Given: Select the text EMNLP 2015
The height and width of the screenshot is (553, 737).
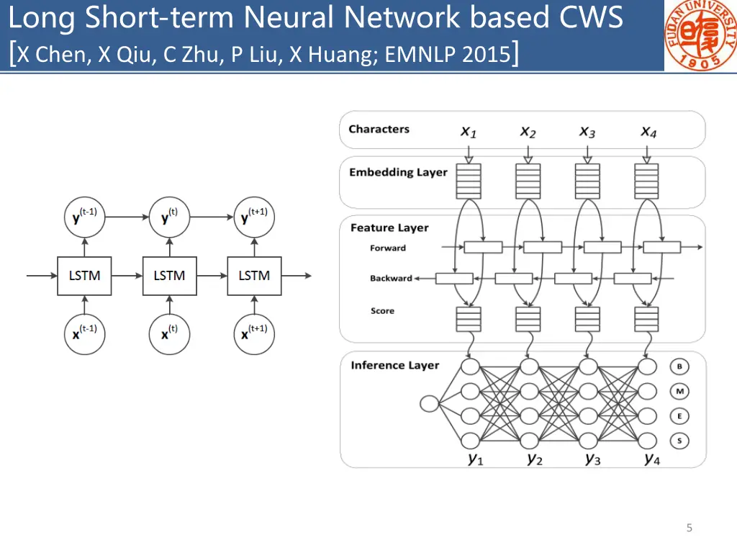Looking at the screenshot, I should click(447, 54).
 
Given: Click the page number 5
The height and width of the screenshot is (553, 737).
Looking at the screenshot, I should click(689, 529).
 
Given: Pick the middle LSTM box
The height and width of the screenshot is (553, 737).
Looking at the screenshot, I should click(169, 275).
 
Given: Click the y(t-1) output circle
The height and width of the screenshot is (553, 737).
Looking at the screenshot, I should click(84, 216).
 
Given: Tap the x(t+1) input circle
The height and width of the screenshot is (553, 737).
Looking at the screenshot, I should click(254, 333).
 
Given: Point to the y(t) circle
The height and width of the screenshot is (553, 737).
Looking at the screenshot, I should click(169, 216).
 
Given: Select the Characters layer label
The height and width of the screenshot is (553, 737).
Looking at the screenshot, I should click(379, 130).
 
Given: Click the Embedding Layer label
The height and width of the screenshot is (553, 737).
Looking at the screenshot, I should click(398, 172).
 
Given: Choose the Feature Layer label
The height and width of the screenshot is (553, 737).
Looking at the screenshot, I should click(389, 228).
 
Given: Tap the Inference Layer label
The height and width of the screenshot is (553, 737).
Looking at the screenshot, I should click(394, 365).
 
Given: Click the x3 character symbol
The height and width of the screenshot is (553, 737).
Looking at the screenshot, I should click(587, 132).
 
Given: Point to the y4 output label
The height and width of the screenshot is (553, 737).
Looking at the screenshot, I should click(651, 459).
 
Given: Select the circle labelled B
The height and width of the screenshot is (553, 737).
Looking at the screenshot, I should click(679, 367).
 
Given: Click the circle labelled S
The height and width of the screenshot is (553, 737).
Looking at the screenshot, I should click(679, 440).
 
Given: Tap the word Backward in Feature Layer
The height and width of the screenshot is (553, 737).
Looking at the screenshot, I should click(391, 278).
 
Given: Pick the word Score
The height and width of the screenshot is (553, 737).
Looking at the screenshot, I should click(382, 311).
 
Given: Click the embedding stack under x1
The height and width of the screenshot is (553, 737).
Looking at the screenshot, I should click(469, 181).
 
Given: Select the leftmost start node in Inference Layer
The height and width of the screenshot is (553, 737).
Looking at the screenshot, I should click(430, 403).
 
